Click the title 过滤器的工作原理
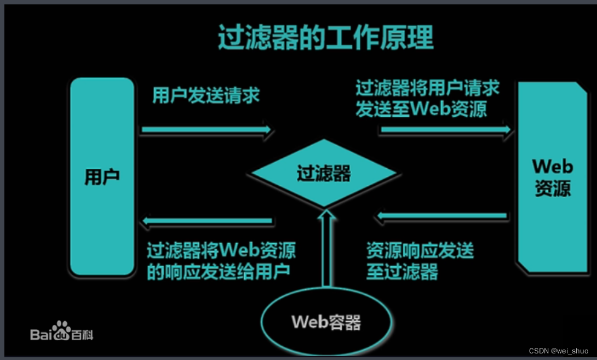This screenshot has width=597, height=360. [x=325, y=37]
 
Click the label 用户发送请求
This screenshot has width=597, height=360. [x=206, y=96]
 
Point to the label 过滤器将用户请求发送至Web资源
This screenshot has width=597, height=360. [x=428, y=99]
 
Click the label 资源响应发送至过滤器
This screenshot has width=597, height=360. [x=420, y=261]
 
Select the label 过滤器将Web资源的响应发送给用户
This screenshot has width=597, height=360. [x=221, y=261]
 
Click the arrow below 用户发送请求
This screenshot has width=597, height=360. [x=206, y=130]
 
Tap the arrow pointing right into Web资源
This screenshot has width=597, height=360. [x=445, y=130]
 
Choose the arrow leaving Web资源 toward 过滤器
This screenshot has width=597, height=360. [x=441, y=217]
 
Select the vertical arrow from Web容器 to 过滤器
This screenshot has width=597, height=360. [x=326, y=249]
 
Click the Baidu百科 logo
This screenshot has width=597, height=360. [x=61, y=332]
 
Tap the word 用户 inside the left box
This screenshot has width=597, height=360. [x=102, y=176]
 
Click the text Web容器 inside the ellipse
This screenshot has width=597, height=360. [x=326, y=322]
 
